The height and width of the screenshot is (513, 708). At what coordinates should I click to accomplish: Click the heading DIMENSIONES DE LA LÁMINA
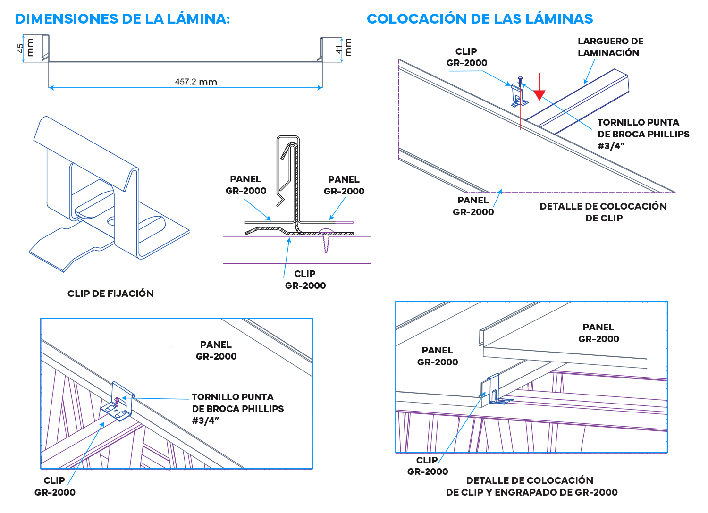[x=123, y=19]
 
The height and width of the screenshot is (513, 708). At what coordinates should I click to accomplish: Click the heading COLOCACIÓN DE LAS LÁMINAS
[x=480, y=19]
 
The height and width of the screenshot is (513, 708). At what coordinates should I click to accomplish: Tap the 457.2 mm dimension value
[x=195, y=82]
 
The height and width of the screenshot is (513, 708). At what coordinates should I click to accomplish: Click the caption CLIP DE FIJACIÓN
[x=110, y=294]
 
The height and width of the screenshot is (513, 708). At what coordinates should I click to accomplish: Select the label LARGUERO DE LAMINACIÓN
[x=609, y=47]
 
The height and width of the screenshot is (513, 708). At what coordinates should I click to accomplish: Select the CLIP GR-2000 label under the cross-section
[x=305, y=280]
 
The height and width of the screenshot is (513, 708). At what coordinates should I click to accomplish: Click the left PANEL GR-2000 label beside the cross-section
[x=245, y=185]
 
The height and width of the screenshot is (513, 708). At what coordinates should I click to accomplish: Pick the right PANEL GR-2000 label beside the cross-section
[x=344, y=185]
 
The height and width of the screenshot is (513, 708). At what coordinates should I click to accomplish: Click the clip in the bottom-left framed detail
[x=118, y=404]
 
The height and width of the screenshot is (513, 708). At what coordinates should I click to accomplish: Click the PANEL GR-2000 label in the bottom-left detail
[x=216, y=351]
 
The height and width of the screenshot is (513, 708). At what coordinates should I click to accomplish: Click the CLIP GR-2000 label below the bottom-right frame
[x=427, y=466]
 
